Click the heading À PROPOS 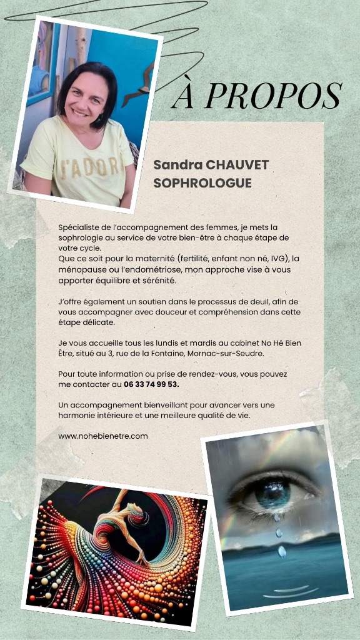[256, 96]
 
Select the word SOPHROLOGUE [202, 183]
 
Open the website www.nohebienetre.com [103, 436]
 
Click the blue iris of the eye [273, 494]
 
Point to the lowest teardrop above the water [282, 551]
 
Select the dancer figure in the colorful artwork [122, 525]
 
